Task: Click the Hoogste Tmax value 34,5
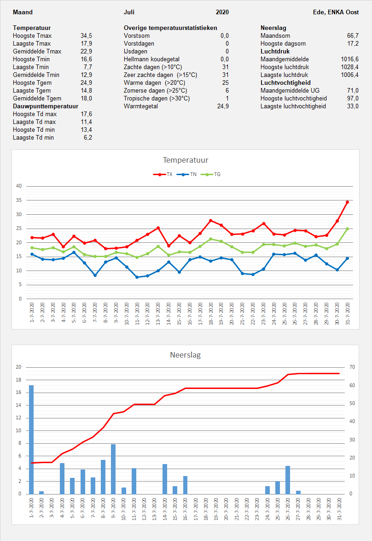86,35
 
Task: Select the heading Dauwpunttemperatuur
46,106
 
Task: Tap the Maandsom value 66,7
353,35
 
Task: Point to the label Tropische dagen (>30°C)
157,98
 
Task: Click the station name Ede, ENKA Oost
336,12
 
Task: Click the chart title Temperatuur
186,160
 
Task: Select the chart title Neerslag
186,355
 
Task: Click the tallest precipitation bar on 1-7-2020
31,439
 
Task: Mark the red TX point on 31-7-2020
348,202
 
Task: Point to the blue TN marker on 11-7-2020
137,277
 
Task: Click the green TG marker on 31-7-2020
348,229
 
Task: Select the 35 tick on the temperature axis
19,200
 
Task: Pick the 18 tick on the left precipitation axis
19,380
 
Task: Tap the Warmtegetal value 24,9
223,106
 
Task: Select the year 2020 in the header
222,12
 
